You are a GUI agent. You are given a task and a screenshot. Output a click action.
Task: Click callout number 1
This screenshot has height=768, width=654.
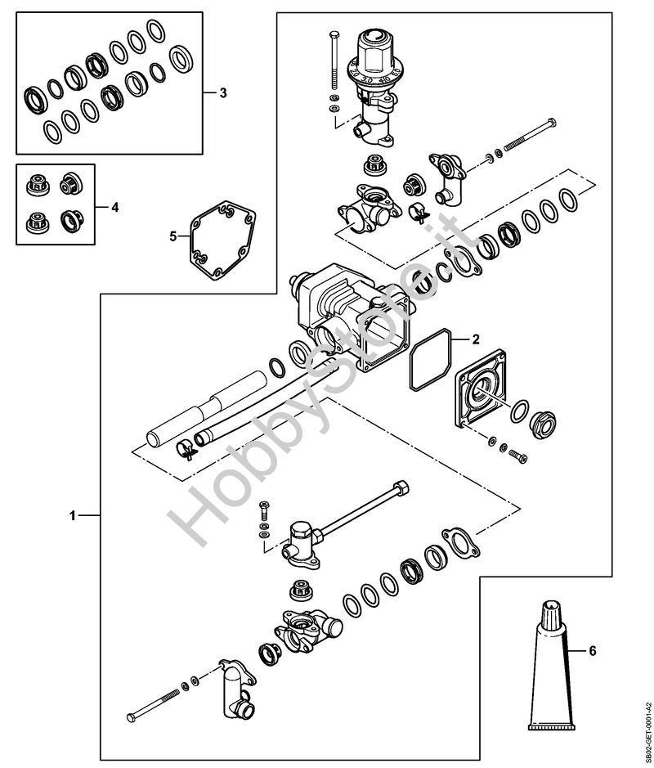[x=73, y=516]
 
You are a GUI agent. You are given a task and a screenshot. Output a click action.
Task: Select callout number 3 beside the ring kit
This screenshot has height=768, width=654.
[x=223, y=93]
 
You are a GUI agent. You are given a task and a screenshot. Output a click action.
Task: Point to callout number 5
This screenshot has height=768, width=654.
[x=173, y=236]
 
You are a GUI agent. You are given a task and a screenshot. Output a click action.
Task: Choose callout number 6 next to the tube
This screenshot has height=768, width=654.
[x=593, y=651]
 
